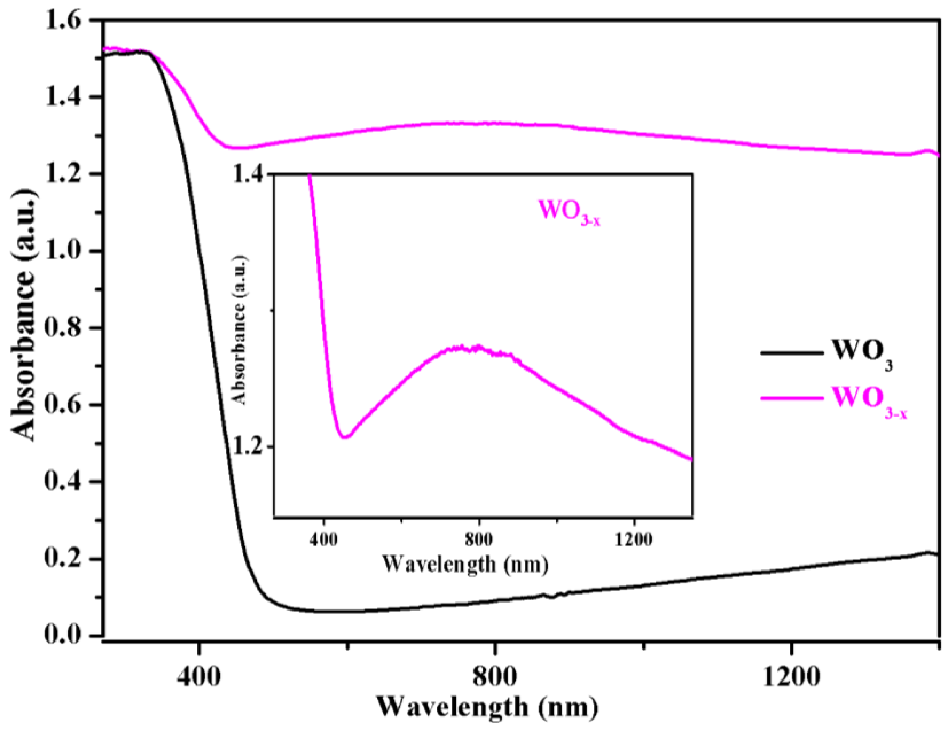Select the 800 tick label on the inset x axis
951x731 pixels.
(478, 540)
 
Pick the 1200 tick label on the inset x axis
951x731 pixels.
(634, 540)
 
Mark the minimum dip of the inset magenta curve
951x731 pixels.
(345, 437)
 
